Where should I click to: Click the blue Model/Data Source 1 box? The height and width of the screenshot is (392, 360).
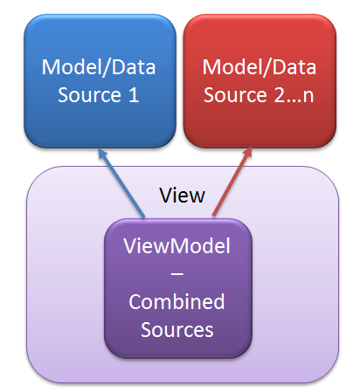pos(100,81)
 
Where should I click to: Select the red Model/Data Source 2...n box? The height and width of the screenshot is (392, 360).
pos(260,81)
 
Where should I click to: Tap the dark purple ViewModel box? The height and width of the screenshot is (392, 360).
pos(177,288)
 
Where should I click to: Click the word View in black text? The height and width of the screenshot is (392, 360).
pos(183,196)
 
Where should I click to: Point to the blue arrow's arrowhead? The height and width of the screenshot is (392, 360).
pos(102,154)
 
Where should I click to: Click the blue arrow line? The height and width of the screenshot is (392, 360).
pos(121,183)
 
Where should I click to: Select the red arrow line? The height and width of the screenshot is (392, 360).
pos(232,182)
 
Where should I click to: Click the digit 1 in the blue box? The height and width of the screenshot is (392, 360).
pos(134,95)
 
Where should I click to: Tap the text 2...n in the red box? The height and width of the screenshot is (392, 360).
pos(294,95)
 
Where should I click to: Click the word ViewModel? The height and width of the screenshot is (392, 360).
pos(177,246)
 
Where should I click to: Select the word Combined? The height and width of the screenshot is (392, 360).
pos(177,301)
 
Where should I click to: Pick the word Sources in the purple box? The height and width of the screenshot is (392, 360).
pos(177,330)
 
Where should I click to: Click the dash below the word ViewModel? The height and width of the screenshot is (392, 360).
pos(177,274)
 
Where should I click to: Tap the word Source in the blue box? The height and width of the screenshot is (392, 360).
pos(89,95)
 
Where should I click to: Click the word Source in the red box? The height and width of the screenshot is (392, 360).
pos(235,95)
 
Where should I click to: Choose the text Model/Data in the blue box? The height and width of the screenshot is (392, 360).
pos(99,67)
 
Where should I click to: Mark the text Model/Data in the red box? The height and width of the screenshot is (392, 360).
pos(260,67)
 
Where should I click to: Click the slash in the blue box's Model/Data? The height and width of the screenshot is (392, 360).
pos(106,68)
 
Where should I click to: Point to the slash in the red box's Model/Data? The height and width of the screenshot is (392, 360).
pos(267,68)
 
